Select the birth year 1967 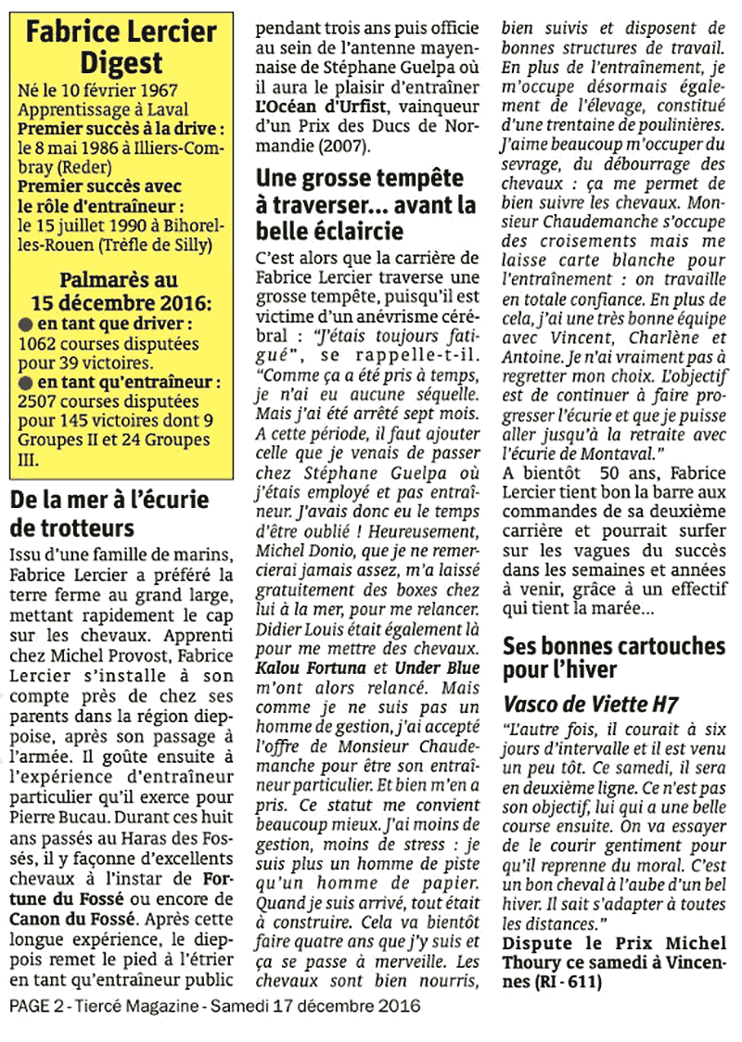click(x=162, y=92)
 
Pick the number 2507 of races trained click(x=38, y=402)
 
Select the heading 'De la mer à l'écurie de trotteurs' click(x=109, y=515)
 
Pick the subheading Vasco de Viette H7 click(x=590, y=705)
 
